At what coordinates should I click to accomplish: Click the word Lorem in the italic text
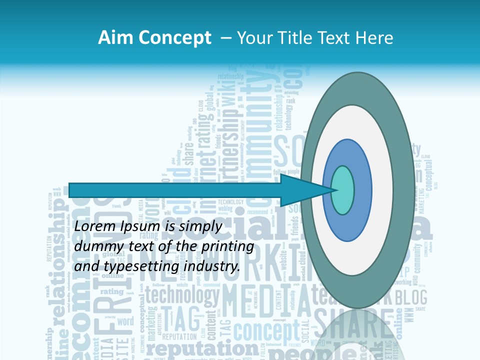(x=95, y=226)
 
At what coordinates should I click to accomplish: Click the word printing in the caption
(x=227, y=247)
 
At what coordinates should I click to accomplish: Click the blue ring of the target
(x=362, y=190)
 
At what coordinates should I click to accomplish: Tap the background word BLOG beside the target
(x=411, y=298)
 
